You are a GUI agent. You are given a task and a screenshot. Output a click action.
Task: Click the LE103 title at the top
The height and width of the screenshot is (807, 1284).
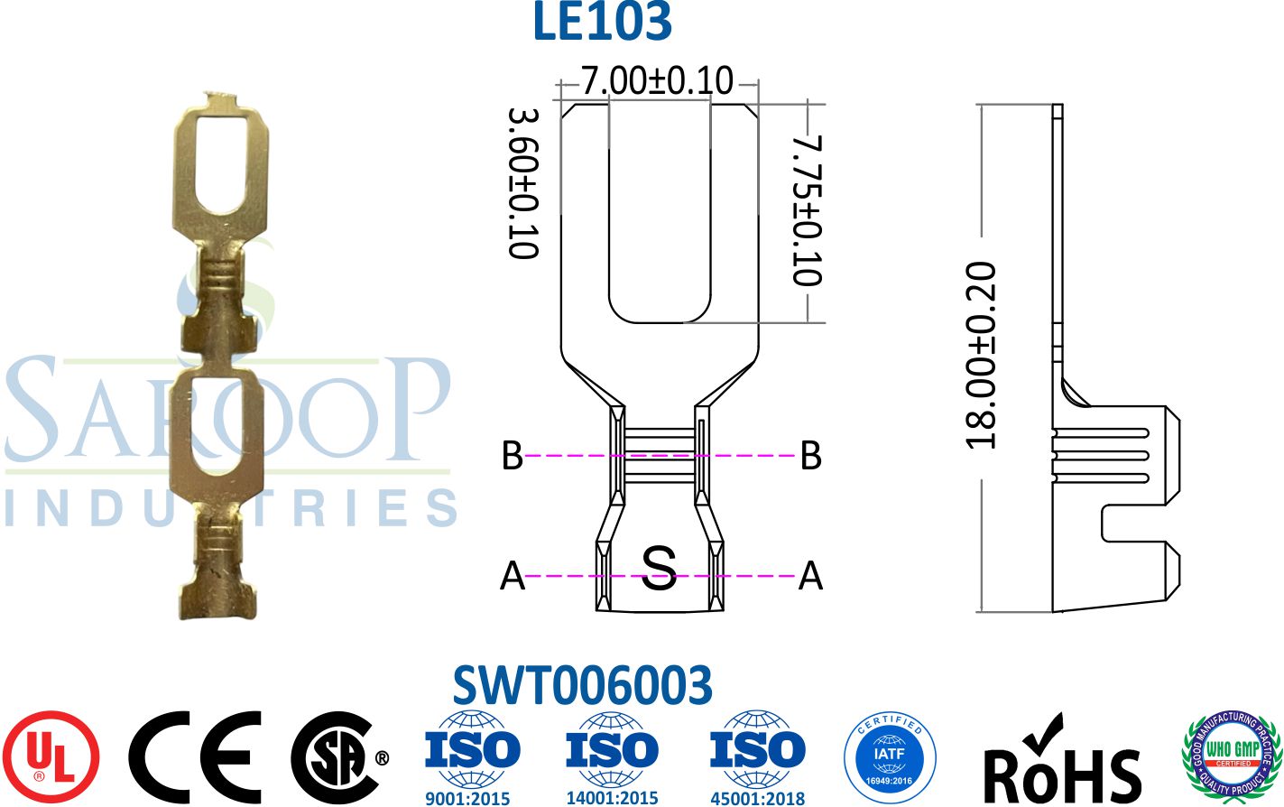click(x=602, y=23)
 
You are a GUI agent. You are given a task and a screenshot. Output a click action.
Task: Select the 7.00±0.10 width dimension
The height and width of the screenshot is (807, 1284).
click(x=657, y=81)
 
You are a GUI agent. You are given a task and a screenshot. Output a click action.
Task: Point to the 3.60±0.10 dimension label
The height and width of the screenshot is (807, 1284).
click(x=523, y=183)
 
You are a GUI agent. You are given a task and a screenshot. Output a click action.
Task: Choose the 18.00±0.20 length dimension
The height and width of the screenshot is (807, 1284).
click(x=981, y=355)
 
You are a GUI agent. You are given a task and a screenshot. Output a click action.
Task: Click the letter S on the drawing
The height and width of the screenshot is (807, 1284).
click(x=659, y=569)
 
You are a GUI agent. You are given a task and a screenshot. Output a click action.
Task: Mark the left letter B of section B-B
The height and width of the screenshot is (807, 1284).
click(x=512, y=456)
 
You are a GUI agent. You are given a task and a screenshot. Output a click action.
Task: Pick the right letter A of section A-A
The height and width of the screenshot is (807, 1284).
click(x=810, y=575)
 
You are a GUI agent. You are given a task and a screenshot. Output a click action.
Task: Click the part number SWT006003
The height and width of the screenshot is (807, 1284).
click(x=582, y=686)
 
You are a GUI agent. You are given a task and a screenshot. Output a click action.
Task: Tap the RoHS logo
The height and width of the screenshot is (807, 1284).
click(x=1061, y=760)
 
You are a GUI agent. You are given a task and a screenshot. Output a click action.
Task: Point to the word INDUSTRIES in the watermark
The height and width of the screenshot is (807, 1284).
click(x=230, y=508)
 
